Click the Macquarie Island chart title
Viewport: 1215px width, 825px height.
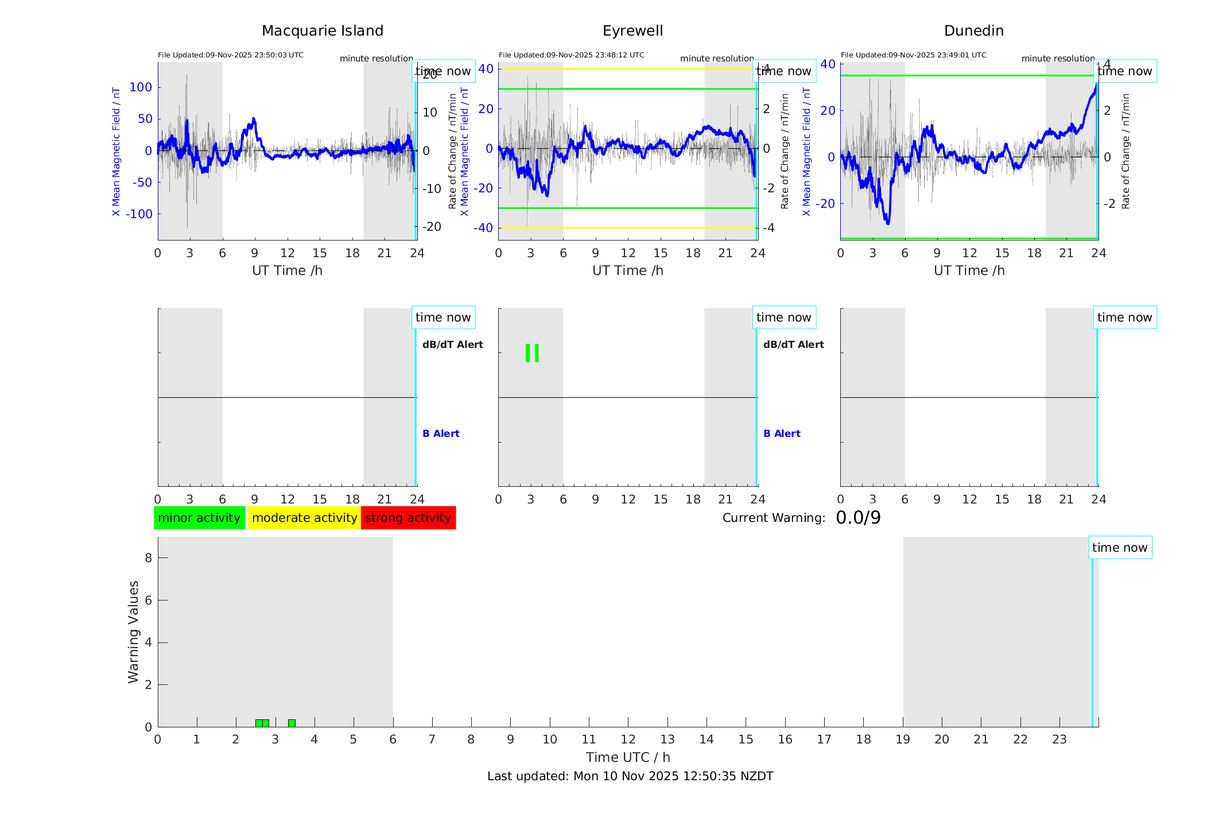322,31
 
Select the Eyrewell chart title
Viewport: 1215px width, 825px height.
632,31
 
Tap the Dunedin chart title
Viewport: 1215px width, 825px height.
973,31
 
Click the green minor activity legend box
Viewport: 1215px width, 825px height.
199,518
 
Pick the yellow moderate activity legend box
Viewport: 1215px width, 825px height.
304,518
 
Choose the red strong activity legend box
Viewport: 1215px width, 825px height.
408,518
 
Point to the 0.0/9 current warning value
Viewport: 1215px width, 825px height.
858,518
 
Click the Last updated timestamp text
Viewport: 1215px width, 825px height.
630,776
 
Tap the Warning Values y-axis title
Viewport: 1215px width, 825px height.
133,632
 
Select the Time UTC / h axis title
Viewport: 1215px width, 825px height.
628,757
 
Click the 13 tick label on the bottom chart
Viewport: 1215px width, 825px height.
667,739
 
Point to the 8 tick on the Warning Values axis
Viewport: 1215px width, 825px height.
148,557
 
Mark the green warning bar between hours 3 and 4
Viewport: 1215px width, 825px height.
292,723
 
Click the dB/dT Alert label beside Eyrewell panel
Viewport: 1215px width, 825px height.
793,344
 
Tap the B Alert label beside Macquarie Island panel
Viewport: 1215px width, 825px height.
441,433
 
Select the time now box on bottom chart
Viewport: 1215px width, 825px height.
1119,548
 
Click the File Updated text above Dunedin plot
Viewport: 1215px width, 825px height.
913,55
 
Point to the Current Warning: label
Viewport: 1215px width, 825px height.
774,518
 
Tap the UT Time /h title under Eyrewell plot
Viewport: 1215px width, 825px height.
628,270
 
